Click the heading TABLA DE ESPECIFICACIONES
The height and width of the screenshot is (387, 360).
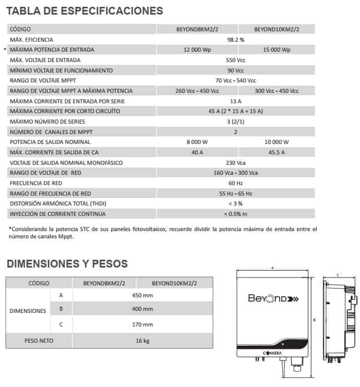coord(85,10)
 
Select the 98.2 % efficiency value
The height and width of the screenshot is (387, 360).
coord(236,40)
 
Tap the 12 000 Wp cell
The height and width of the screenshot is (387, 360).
coord(197,50)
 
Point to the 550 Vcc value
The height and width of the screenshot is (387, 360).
coord(236,60)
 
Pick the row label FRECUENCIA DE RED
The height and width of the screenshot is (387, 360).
coord(35,184)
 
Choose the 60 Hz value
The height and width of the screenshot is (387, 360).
coord(236,184)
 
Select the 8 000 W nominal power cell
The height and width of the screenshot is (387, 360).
coord(197,142)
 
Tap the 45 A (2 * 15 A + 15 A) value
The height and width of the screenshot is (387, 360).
coord(236,111)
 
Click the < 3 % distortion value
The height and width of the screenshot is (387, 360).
coord(236,204)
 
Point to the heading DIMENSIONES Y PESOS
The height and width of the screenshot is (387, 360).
coord(67,264)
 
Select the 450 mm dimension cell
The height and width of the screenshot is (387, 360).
coord(142,295)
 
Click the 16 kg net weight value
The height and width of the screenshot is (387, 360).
coord(142,341)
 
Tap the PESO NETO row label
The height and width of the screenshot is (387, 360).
coord(39,341)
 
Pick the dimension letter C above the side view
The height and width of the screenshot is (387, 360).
coord(338,275)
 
